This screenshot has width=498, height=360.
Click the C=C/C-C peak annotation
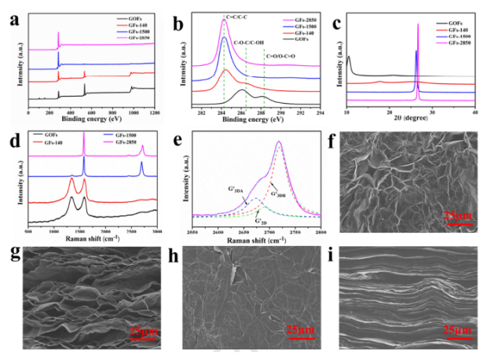[x=225, y=15]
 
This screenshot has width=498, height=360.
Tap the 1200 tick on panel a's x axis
[x=155, y=115]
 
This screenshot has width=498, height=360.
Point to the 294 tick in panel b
[x=320, y=115]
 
